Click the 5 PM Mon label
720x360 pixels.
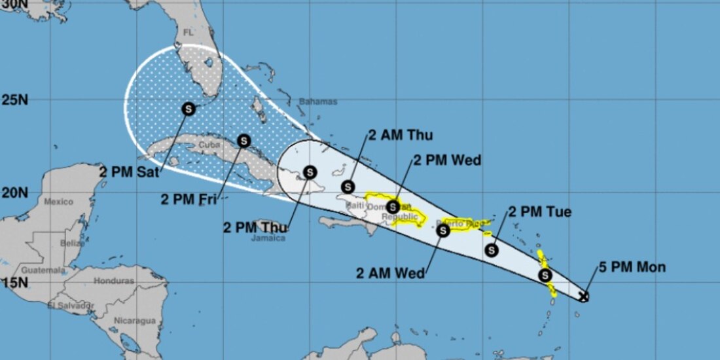632,268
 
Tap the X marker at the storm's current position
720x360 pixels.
584,297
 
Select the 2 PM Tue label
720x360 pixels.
540,212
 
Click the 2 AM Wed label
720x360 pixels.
390,273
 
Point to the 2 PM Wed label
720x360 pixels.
447,160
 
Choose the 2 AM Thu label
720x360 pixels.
400,135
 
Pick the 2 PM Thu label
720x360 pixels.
255,227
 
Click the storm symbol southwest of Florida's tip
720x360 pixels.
188,109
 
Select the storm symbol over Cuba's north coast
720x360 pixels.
244,140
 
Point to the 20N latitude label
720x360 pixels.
14,192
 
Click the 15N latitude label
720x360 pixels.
14,283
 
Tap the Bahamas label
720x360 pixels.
318,101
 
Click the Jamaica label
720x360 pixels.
268,238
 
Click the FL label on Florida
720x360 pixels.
190,32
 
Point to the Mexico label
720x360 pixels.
59,202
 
